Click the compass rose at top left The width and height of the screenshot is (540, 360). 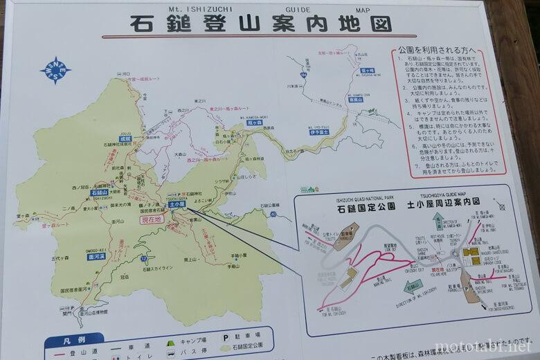[x=55, y=71]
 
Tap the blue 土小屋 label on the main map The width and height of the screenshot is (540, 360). [x=176, y=205]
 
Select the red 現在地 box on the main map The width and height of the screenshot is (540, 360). [x=152, y=219]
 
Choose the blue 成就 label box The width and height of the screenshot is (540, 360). [x=125, y=138]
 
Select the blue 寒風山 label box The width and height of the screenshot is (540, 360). [x=357, y=99]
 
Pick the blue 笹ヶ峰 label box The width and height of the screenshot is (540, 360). [x=367, y=71]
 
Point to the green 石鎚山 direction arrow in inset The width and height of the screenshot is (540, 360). [x=413, y=285]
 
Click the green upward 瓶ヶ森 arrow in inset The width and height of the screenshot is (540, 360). [x=438, y=222]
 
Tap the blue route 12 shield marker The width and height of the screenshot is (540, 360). [x=143, y=259]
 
